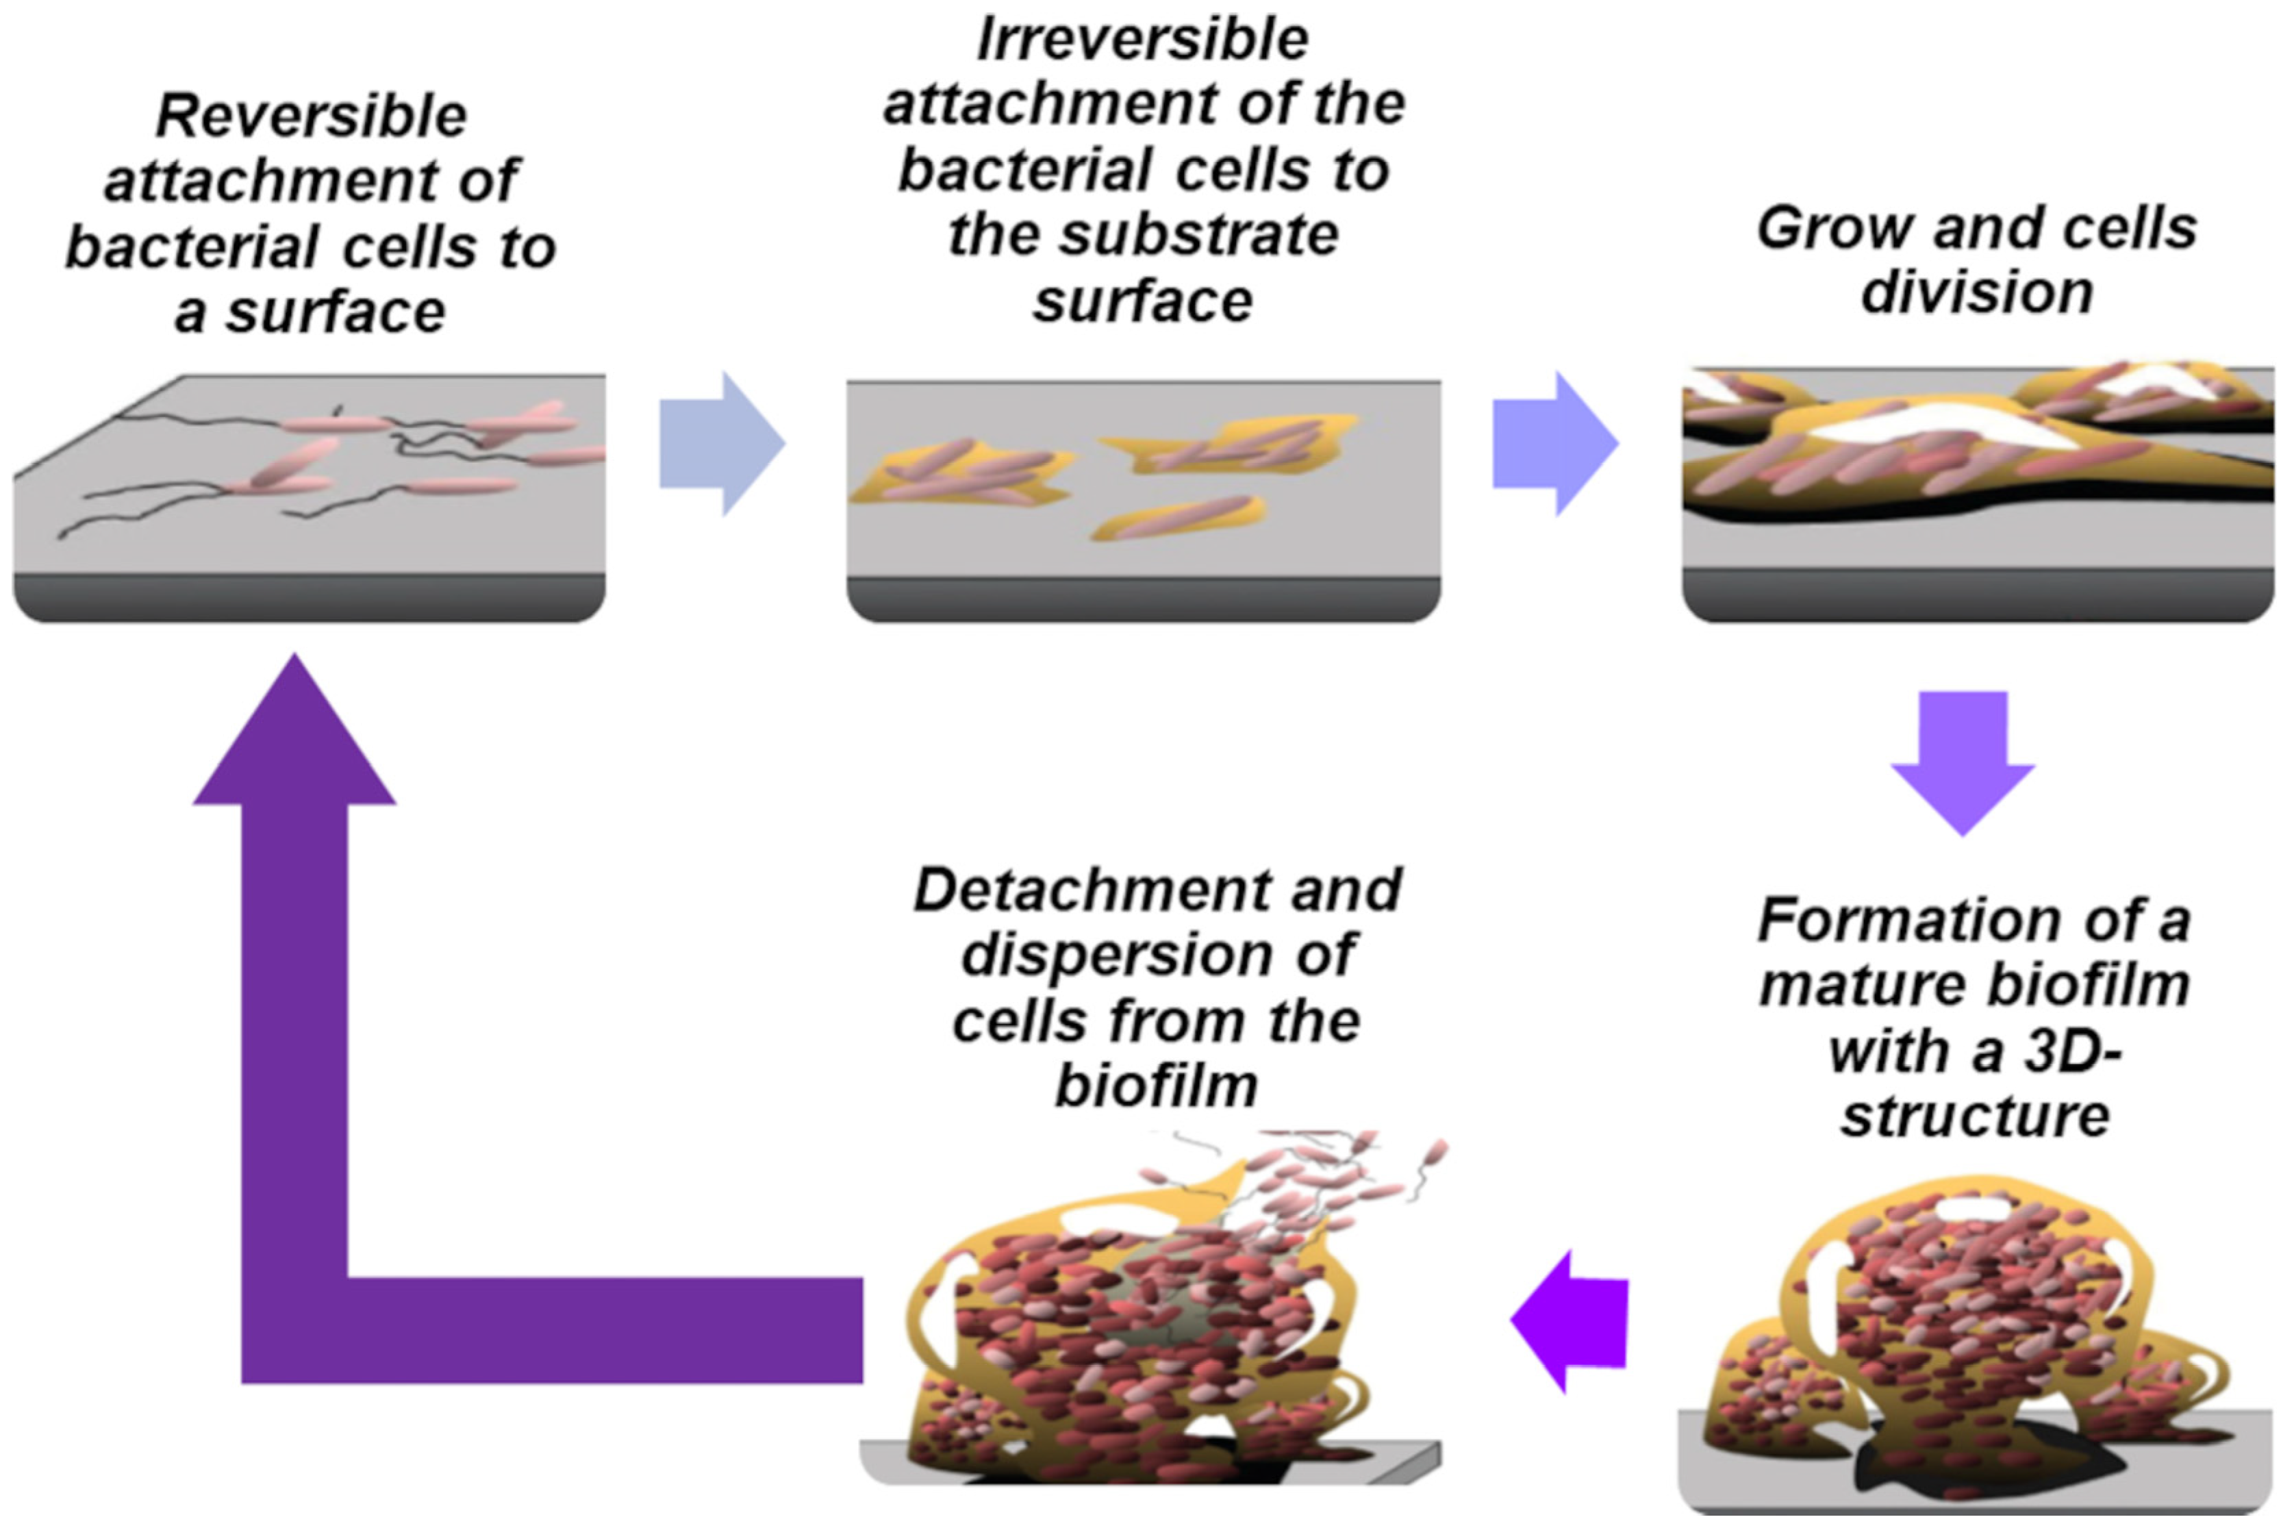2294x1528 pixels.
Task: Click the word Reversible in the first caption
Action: tap(312, 117)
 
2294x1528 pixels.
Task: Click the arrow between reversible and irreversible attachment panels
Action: tap(722, 443)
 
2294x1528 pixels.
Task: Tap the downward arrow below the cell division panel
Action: tap(1963, 760)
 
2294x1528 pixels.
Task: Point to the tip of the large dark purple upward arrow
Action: tap(294, 663)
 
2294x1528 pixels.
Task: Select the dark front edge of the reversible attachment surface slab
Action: tap(310, 597)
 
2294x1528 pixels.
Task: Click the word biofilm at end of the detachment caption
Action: tap(1157, 1086)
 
